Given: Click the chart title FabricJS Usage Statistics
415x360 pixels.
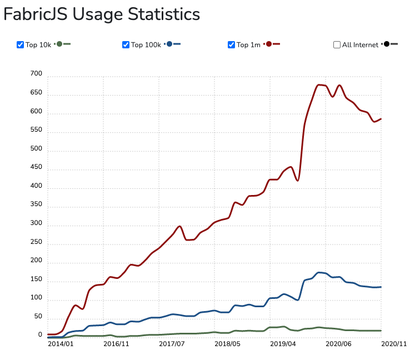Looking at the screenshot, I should tap(102, 14).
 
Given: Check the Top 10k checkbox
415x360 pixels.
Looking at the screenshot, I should tap(21, 45).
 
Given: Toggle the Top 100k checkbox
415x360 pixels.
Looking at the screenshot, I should tap(126, 45).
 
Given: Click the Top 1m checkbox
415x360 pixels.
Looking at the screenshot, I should tap(231, 45).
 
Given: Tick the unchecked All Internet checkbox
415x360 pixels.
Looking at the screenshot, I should tap(337, 45).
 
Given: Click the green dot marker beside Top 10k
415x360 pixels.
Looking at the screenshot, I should tap(59, 44).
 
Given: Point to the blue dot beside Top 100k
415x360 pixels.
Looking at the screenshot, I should tap(169, 44).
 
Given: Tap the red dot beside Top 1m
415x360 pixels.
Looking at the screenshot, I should tap(269, 44).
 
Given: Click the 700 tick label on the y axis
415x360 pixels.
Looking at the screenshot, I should tap(36, 74).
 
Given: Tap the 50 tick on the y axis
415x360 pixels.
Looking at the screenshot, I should tap(38, 316).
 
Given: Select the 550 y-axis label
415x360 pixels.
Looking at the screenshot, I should tap(36, 129).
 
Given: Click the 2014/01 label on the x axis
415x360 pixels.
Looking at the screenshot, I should tap(61, 344).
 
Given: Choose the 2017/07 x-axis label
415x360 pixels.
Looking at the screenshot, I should tap(172, 344).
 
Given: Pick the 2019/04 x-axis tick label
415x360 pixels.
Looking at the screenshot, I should tap(283, 344).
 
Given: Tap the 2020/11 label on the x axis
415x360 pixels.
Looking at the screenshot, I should tap(394, 344).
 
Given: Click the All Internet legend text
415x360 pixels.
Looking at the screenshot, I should tap(360, 45).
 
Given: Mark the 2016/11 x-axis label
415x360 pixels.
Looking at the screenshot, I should tap(116, 344).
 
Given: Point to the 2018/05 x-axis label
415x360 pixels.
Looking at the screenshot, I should tap(227, 344).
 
